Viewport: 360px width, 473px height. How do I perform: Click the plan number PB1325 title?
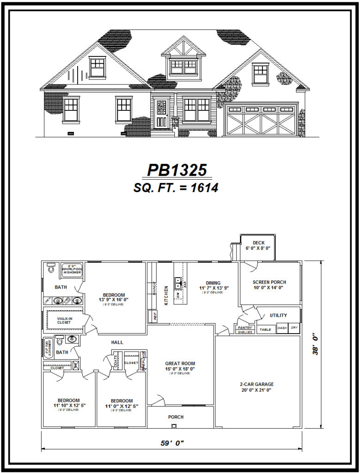pos(177,170)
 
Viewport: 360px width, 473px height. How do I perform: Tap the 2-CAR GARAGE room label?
pos(256,384)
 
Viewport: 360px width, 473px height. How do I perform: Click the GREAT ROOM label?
pos(180,364)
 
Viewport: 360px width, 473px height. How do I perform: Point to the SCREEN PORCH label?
pos(269,282)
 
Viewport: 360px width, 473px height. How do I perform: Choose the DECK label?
pos(258,243)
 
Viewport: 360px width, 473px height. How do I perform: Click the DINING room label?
pos(213,283)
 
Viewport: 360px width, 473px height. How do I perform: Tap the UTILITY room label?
pos(278,315)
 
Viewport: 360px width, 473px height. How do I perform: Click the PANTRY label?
pos(245,327)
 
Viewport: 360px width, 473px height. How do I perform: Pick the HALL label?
pos(117,342)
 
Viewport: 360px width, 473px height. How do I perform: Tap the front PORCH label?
pos(176,417)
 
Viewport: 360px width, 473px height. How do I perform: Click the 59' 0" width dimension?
pos(172,443)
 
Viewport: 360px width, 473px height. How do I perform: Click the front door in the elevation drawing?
pos(161,114)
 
